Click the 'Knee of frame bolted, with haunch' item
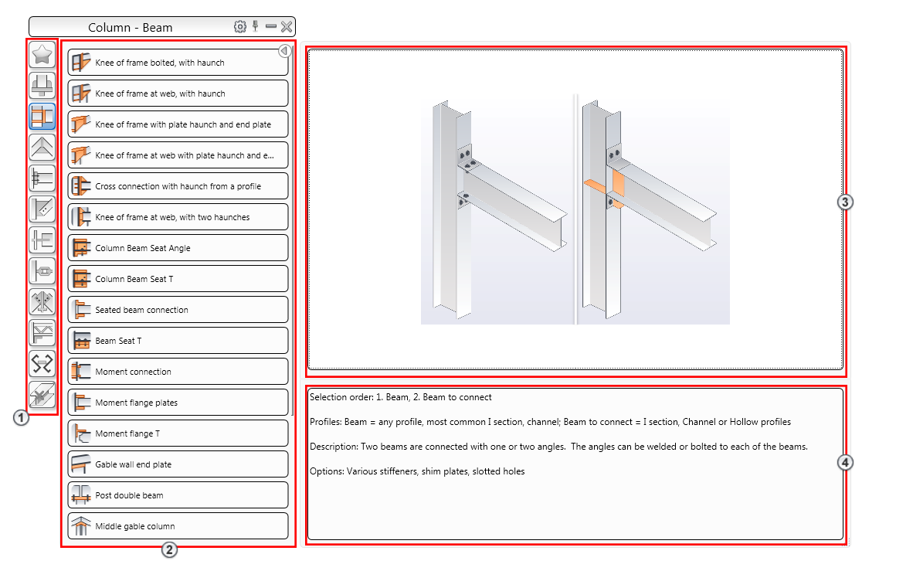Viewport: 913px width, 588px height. pyautogui.click(x=178, y=63)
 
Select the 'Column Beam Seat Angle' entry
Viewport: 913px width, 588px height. pyautogui.click(x=178, y=248)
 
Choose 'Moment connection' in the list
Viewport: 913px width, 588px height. pyautogui.click(x=178, y=372)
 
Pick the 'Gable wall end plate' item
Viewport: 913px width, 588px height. pyautogui.click(x=178, y=464)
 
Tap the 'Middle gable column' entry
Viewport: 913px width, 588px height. pyautogui.click(x=178, y=526)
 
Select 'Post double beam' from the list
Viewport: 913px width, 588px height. pyautogui.click(x=178, y=495)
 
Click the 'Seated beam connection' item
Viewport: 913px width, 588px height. pyautogui.click(x=178, y=310)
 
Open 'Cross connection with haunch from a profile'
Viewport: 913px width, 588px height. pyautogui.click(x=178, y=186)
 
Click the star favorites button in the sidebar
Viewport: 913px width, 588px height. pyautogui.click(x=42, y=54)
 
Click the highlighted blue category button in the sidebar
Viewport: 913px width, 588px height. pyautogui.click(x=42, y=116)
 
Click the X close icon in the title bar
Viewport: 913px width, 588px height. pyautogui.click(x=287, y=27)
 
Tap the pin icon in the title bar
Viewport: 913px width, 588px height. pyautogui.click(x=256, y=26)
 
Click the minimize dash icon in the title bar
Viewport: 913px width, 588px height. pyautogui.click(x=271, y=27)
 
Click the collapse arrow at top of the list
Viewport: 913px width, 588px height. pyautogui.click(x=284, y=51)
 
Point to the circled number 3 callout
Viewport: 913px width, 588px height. pyautogui.click(x=845, y=202)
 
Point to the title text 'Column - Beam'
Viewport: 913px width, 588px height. pyautogui.click(x=131, y=28)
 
